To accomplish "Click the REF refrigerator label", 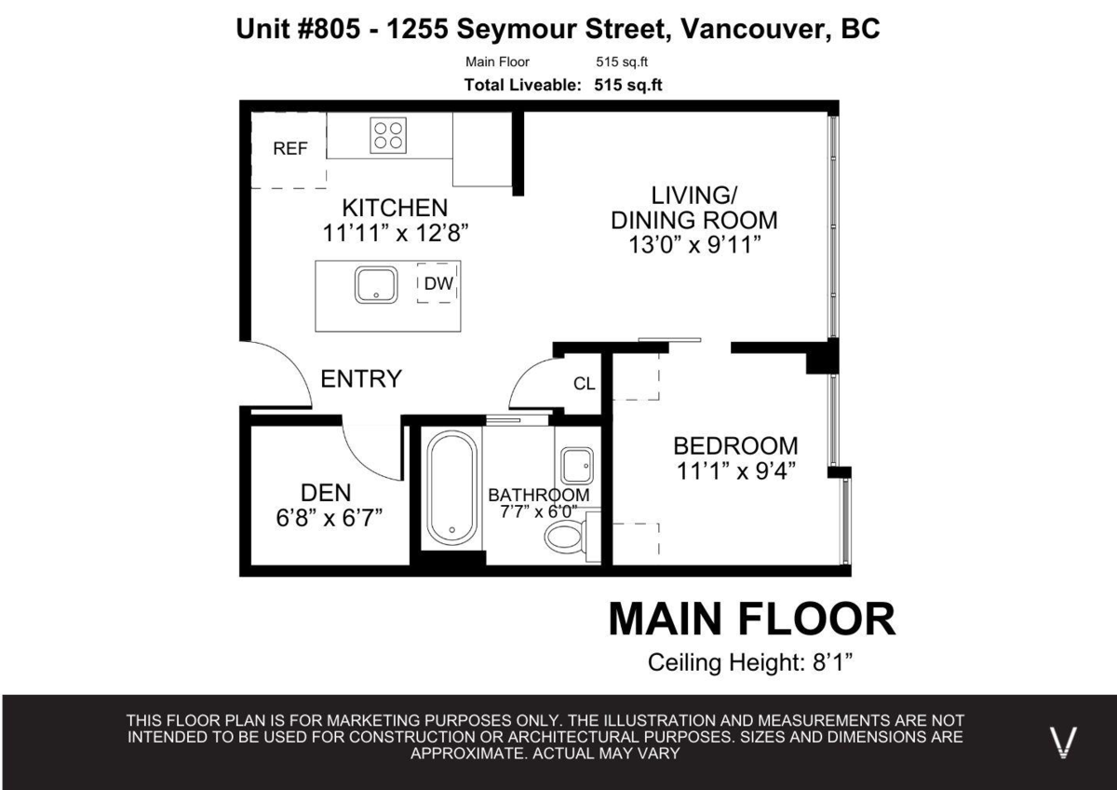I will (289, 149).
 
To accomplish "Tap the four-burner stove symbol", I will (389, 135).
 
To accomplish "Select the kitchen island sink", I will (376, 284).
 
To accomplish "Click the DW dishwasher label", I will (438, 285).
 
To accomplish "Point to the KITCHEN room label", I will (395, 207).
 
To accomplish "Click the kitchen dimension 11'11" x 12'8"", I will (395, 233).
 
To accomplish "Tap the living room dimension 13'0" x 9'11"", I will (694, 247).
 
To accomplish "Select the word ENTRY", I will (361, 379).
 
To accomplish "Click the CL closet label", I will (584, 384).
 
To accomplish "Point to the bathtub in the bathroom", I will (452, 487).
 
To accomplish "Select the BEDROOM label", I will (735, 445).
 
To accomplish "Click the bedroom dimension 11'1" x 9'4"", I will (735, 470).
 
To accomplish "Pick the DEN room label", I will (326, 494).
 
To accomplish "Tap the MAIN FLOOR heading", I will (751, 620).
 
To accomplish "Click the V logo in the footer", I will (1063, 742).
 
